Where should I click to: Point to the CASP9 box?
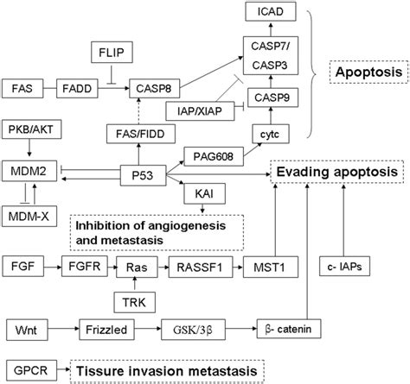coord(270,98)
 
